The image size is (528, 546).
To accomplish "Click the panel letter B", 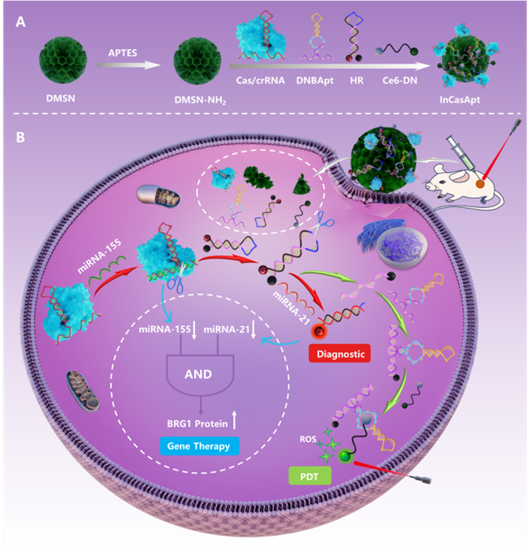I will point(22,134).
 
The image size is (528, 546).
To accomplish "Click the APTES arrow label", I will point(122,53).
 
